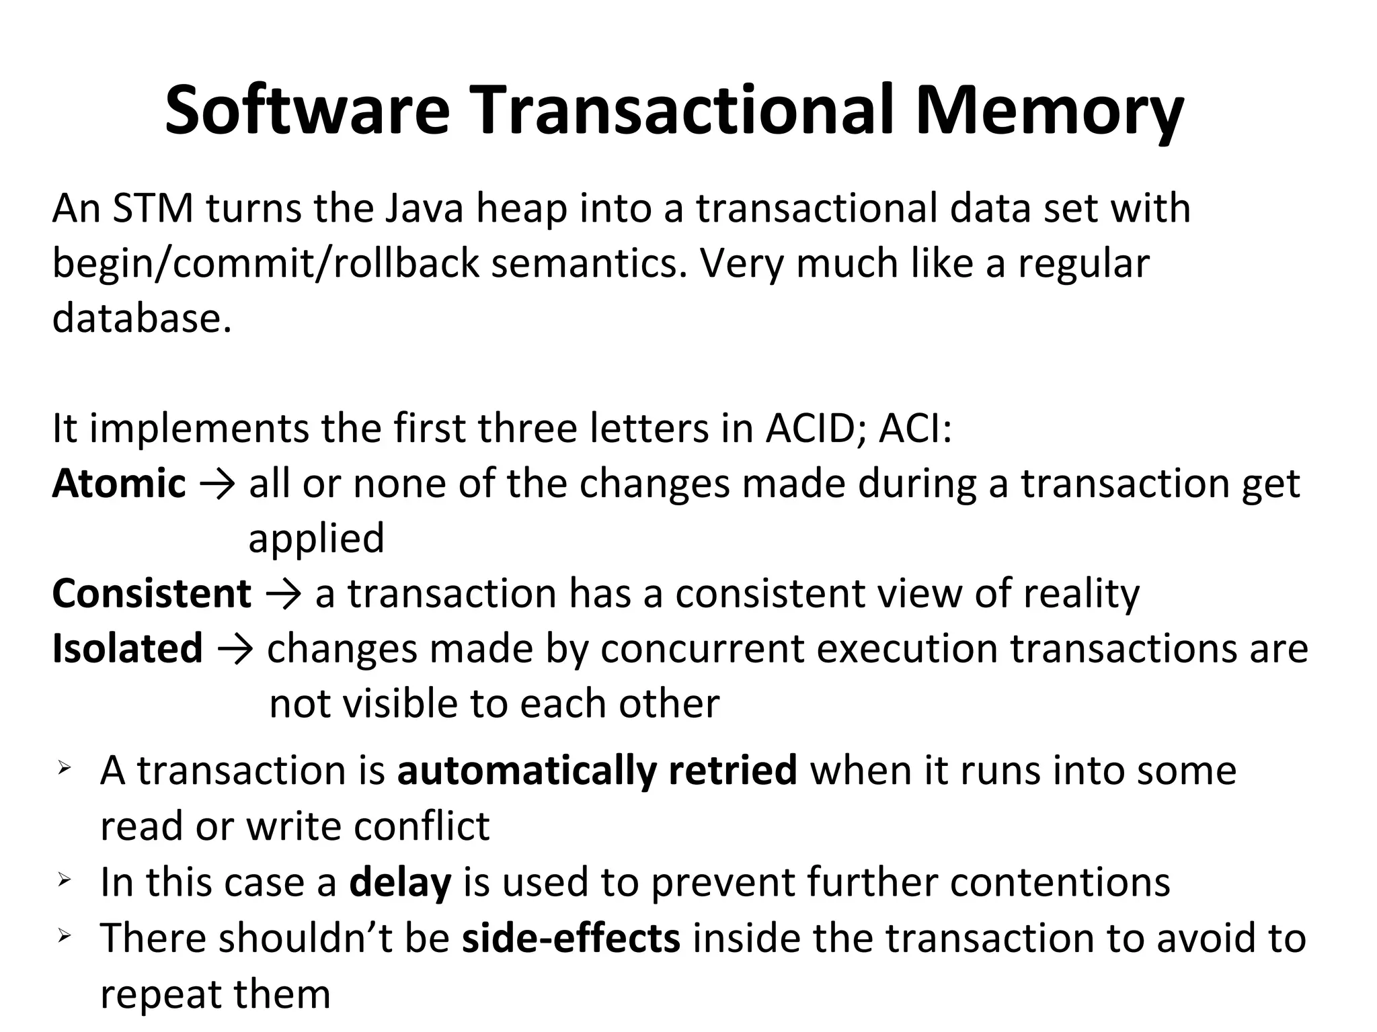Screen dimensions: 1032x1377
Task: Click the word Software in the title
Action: [307, 111]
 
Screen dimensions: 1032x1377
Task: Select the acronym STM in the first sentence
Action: [153, 208]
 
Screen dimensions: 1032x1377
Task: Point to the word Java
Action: [424, 208]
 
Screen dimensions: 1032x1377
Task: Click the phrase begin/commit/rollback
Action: [266, 263]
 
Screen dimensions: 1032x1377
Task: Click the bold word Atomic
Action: [119, 483]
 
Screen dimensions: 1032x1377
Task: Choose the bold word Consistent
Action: [152, 594]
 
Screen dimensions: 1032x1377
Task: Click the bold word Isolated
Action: [128, 648]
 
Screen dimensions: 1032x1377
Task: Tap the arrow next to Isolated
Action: [235, 650]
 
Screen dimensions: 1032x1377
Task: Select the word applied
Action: [316, 538]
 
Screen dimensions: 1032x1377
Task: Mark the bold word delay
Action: [400, 882]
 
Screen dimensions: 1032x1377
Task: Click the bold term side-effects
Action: [571, 938]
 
